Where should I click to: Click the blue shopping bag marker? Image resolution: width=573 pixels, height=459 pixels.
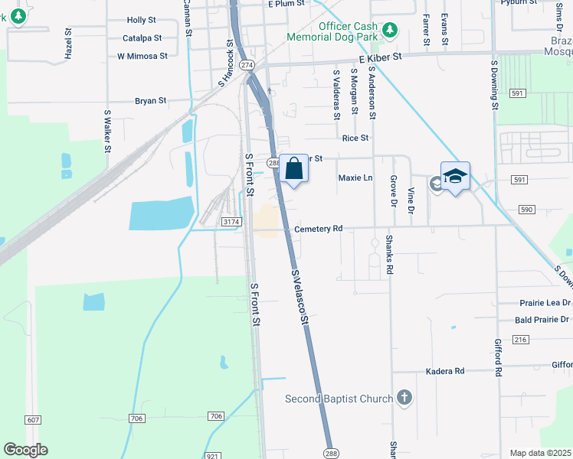(x=294, y=169)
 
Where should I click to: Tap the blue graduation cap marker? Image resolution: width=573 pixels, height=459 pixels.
(x=455, y=177)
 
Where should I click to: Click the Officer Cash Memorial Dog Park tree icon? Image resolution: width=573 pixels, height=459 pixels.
(x=391, y=30)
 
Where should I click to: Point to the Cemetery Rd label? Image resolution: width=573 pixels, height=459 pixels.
(x=318, y=229)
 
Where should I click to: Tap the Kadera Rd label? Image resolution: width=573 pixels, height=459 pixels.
(x=445, y=371)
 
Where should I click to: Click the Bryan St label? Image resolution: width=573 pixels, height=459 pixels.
(x=150, y=100)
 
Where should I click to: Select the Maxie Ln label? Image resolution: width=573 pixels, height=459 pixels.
(x=355, y=177)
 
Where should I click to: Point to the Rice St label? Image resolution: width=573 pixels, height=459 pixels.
(x=355, y=138)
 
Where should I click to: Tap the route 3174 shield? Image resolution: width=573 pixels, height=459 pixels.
(x=231, y=222)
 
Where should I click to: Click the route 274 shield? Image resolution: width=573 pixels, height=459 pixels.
(x=246, y=65)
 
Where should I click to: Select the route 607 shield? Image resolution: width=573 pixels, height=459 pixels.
(x=33, y=420)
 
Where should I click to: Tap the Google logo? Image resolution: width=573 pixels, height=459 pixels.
(x=25, y=450)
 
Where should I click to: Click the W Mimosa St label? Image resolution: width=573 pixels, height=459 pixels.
(x=142, y=56)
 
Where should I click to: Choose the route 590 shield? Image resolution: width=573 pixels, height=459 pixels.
(x=526, y=209)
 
